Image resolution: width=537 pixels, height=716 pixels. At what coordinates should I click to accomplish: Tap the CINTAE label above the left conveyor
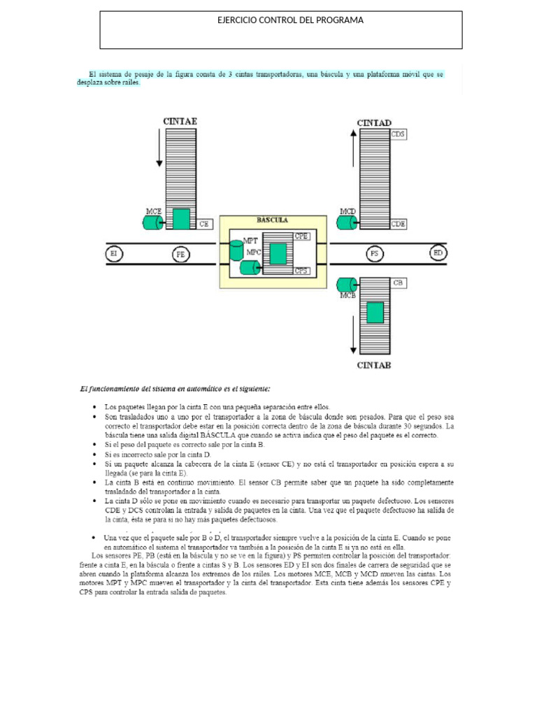tap(180, 121)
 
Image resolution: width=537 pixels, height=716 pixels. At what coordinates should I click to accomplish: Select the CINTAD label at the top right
tap(373, 122)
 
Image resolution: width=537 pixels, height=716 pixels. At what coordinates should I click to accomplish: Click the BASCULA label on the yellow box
tap(272, 220)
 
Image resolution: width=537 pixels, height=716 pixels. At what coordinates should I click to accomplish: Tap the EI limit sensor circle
tap(113, 253)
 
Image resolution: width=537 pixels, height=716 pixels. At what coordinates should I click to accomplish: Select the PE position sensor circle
tap(180, 255)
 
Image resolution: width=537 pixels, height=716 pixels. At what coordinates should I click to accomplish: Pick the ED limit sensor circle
tap(438, 252)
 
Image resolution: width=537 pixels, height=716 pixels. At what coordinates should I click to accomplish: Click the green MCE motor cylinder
tap(152, 222)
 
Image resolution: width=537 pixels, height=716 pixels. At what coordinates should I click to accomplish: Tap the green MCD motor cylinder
tap(346, 222)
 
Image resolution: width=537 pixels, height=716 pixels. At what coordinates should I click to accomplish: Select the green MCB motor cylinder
tap(346, 284)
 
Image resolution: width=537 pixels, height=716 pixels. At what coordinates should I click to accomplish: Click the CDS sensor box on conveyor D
tap(398, 134)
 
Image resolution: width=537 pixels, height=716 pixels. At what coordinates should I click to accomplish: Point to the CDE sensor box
tap(398, 224)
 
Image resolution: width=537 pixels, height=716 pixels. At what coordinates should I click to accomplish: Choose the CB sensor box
tap(398, 283)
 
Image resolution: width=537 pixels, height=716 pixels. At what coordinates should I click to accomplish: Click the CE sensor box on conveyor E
tap(204, 224)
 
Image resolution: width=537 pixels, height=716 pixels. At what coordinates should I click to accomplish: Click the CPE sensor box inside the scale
tap(301, 236)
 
